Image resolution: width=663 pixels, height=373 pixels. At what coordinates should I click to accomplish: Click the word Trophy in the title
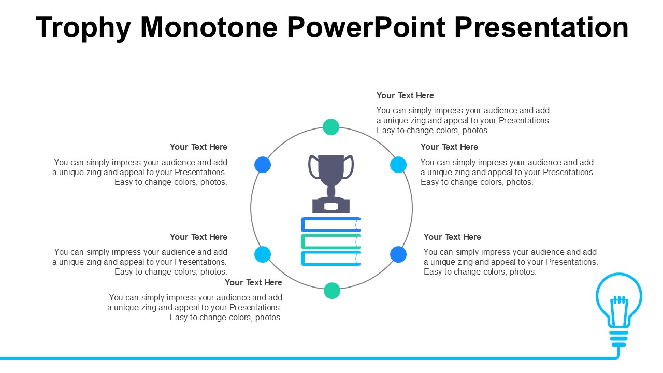(x=83, y=28)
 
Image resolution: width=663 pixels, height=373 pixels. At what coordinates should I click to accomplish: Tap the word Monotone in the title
(x=209, y=27)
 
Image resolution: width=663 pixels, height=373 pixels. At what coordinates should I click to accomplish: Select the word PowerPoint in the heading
(x=366, y=27)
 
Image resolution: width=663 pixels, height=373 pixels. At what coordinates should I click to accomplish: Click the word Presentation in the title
(x=541, y=27)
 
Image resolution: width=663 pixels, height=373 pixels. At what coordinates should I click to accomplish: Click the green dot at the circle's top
(x=331, y=127)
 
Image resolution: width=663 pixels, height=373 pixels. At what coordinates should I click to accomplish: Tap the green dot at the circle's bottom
(x=332, y=291)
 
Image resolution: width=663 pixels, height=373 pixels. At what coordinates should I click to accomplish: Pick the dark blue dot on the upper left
(x=263, y=165)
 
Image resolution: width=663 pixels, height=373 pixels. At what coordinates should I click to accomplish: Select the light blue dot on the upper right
(x=398, y=165)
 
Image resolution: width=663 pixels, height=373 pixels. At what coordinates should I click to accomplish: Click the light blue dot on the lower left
(x=263, y=254)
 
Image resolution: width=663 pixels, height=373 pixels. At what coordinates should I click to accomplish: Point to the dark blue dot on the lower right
(x=398, y=254)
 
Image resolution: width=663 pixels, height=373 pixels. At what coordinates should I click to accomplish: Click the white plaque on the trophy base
(x=331, y=206)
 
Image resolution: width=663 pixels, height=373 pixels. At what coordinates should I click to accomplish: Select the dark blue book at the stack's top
(x=331, y=225)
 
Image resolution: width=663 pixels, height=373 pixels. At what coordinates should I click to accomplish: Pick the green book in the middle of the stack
(x=331, y=241)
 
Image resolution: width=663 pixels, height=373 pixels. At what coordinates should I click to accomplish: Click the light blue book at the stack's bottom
(x=331, y=258)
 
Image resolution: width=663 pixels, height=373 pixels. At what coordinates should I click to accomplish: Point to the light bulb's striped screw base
(x=618, y=338)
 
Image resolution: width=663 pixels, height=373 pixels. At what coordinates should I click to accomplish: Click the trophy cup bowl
(x=331, y=170)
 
